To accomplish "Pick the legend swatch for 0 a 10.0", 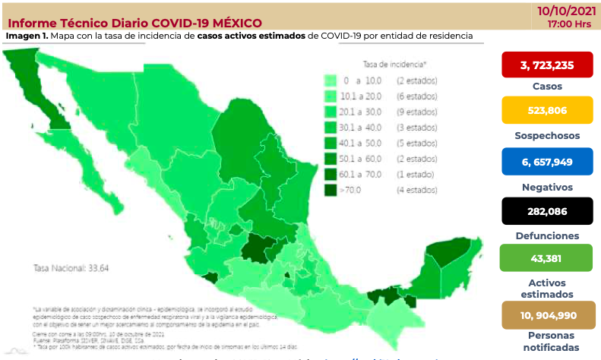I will click(331, 81).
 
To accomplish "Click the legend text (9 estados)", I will click(415, 112).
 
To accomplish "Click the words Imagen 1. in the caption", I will click(26, 36).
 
